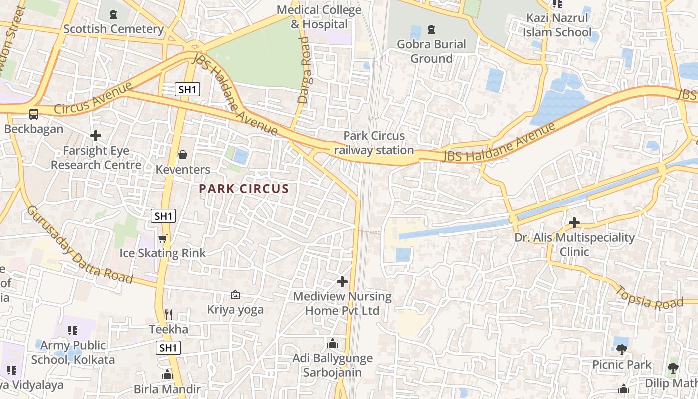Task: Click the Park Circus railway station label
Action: [x=373, y=143]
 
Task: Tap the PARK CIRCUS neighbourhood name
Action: [x=244, y=189]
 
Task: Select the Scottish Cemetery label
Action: [x=113, y=29]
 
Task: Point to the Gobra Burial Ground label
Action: [x=431, y=51]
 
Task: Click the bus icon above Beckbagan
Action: [x=34, y=114]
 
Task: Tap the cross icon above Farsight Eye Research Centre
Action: [x=96, y=135]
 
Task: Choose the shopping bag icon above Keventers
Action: [x=183, y=155]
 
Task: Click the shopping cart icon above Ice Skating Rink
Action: [x=162, y=239]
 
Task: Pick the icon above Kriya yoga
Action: [x=235, y=295]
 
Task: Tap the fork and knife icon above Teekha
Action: [x=169, y=314]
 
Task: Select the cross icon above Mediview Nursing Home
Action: [x=342, y=282]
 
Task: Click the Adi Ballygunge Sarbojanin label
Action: [x=333, y=365]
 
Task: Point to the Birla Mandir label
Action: [x=167, y=389]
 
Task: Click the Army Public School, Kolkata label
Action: [x=73, y=352]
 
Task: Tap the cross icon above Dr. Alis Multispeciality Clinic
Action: [x=574, y=222]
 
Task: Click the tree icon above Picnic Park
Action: [x=621, y=350]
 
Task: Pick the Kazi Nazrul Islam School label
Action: [x=557, y=25]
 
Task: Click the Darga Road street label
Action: [x=304, y=70]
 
